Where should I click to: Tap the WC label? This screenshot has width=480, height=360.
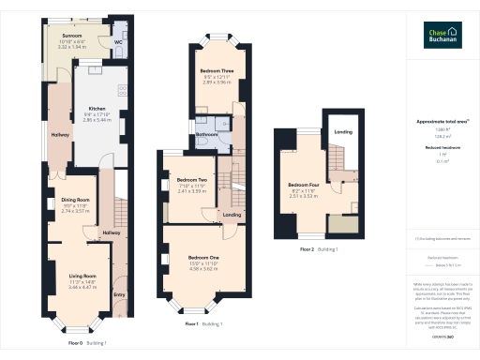click(x=118, y=42)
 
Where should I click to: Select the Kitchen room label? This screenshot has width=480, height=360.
click(x=97, y=108)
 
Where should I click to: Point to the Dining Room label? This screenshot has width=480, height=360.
click(x=75, y=199)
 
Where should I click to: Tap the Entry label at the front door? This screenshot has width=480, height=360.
click(x=118, y=295)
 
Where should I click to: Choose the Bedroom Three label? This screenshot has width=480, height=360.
click(x=216, y=71)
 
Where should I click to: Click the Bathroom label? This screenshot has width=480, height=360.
click(x=207, y=134)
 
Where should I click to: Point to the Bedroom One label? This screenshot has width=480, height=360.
click(x=203, y=257)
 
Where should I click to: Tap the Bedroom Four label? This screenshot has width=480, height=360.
click(x=304, y=185)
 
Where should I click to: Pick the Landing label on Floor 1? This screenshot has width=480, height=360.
click(x=231, y=215)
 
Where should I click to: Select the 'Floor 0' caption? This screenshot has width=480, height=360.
click(x=76, y=343)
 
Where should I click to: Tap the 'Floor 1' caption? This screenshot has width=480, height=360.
click(x=191, y=323)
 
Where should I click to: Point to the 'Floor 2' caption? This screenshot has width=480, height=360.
click(x=307, y=250)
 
